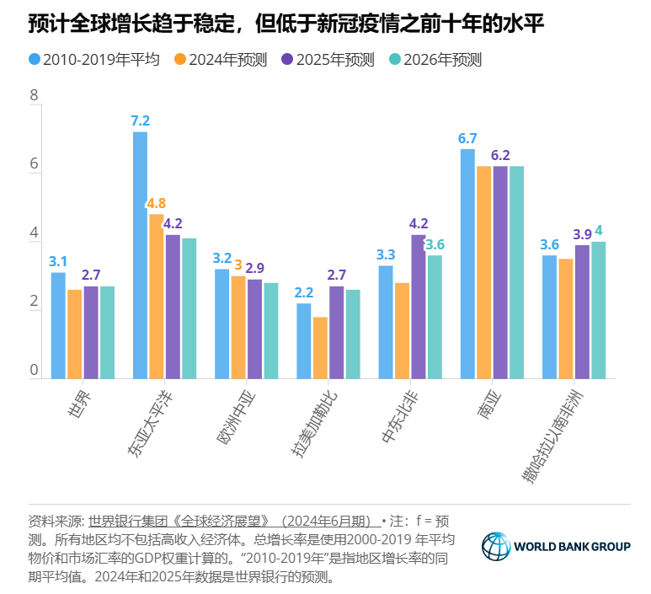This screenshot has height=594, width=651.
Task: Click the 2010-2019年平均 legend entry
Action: [92, 60]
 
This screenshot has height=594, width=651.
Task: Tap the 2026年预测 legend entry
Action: [435, 60]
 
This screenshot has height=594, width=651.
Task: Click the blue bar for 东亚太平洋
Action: [140, 254]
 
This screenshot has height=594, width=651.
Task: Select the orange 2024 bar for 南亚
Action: [483, 271]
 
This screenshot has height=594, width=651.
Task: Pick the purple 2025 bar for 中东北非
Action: [418, 306]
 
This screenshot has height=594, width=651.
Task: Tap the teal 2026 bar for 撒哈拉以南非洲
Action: [598, 309]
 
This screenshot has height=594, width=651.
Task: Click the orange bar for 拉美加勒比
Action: [320, 347]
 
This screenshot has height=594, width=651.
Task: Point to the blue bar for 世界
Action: [58, 324]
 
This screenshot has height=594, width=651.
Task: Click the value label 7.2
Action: [140, 120]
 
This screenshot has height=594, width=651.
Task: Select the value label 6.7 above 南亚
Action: [467, 138]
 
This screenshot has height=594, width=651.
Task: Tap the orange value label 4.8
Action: [157, 203]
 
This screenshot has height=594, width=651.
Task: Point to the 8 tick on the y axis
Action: [35, 96]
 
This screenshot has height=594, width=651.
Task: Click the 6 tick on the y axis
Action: [35, 165]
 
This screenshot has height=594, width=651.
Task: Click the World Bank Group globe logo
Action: [496, 546]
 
